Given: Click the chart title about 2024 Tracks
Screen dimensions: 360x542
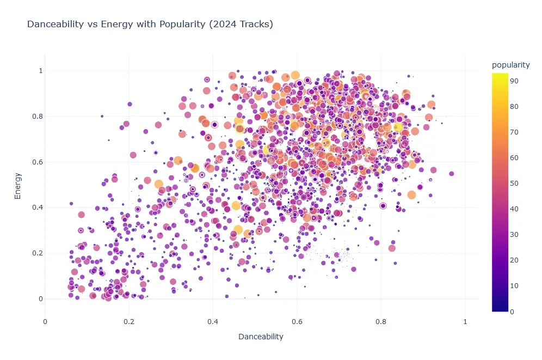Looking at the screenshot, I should pyautogui.click(x=150, y=25).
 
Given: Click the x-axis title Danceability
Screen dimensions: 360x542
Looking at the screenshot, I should pyautogui.click(x=261, y=337).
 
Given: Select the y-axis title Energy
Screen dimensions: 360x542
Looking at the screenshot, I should pyautogui.click(x=18, y=185).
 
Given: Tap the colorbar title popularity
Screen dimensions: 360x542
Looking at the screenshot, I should pyautogui.click(x=510, y=65).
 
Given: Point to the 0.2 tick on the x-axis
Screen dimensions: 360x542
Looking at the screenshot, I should pyautogui.click(x=129, y=321).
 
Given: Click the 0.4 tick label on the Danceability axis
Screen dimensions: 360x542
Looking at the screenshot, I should pyautogui.click(x=213, y=321).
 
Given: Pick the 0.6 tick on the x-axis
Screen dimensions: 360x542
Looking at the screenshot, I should pyautogui.click(x=297, y=321).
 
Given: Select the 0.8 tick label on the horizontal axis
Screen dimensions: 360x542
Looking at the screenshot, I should pyautogui.click(x=381, y=321).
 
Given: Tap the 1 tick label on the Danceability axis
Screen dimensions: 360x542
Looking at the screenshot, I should pyautogui.click(x=465, y=321).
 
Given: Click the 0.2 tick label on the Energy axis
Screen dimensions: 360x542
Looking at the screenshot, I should pyautogui.click(x=34, y=253).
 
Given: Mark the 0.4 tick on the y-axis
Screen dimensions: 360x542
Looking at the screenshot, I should pyautogui.click(x=34, y=208).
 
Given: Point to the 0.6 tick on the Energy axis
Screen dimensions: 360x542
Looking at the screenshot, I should pyautogui.click(x=34, y=162).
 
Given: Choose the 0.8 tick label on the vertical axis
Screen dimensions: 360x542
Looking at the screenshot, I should pyautogui.click(x=34, y=116).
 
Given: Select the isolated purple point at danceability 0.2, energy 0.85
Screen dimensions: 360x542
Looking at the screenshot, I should pyautogui.click(x=130, y=104).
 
